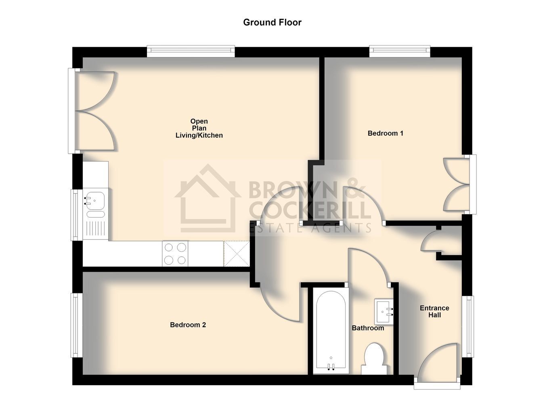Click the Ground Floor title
(x=272, y=22)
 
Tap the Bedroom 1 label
(x=386, y=133)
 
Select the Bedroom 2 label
(x=188, y=325)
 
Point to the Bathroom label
(x=368, y=328)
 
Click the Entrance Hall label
(x=434, y=311)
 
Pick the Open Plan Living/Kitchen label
(x=199, y=128)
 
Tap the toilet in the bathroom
(x=374, y=359)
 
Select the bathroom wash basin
(x=384, y=312)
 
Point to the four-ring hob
(x=175, y=254)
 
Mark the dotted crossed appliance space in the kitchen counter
(x=237, y=254)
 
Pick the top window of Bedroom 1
(x=400, y=51)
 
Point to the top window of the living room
(x=191, y=51)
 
